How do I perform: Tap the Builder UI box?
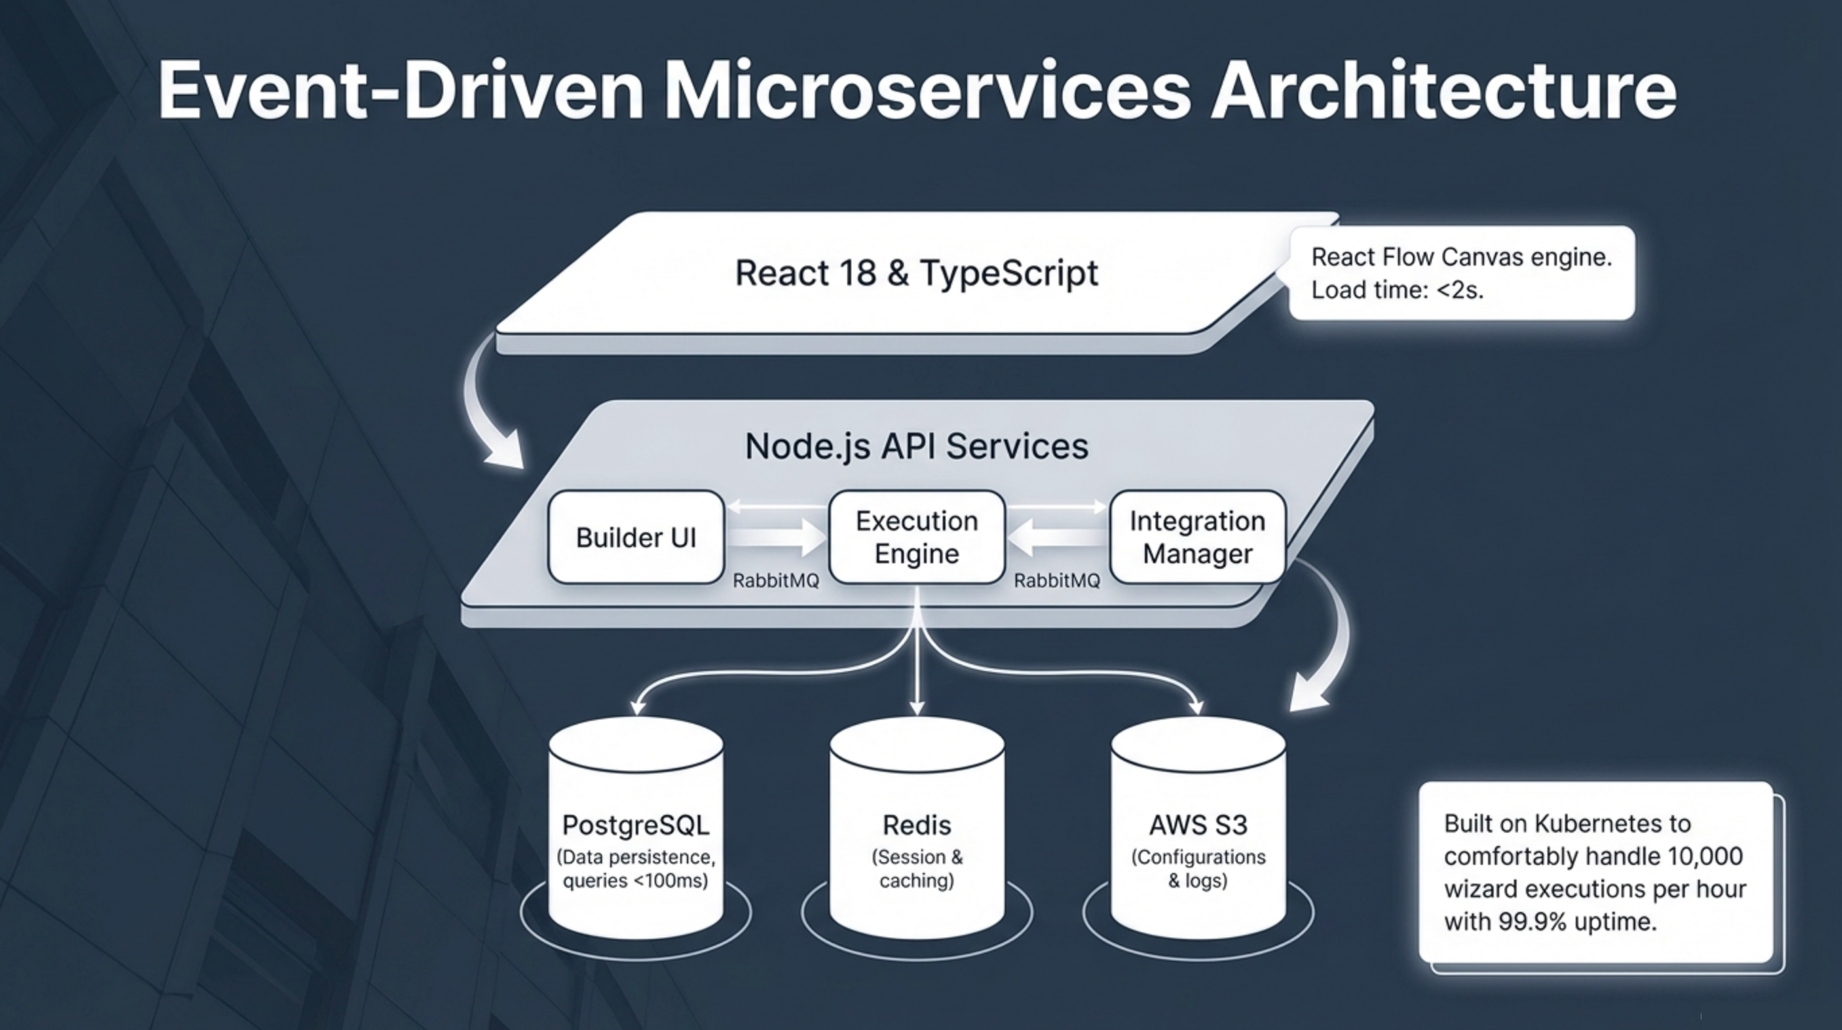coord(635,538)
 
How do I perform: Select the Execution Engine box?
coord(917,538)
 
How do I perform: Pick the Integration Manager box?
coord(1197,538)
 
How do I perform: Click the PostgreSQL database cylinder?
coord(635,828)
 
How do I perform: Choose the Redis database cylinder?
coord(917,828)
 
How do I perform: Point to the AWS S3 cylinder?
coord(1198,828)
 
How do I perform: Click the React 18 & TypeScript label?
coord(916,274)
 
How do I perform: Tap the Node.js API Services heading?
coord(916,446)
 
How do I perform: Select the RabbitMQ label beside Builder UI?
coord(776,581)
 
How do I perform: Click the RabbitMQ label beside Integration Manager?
coord(1057,581)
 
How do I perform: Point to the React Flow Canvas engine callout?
coord(1461,273)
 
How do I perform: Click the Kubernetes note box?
coord(1595,872)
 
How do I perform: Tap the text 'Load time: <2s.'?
coord(1397,290)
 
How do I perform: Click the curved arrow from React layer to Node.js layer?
coord(489,410)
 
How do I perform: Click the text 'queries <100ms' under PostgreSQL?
coord(635,880)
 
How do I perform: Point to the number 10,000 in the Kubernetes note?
coord(1705,857)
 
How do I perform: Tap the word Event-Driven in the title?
coord(400,92)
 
